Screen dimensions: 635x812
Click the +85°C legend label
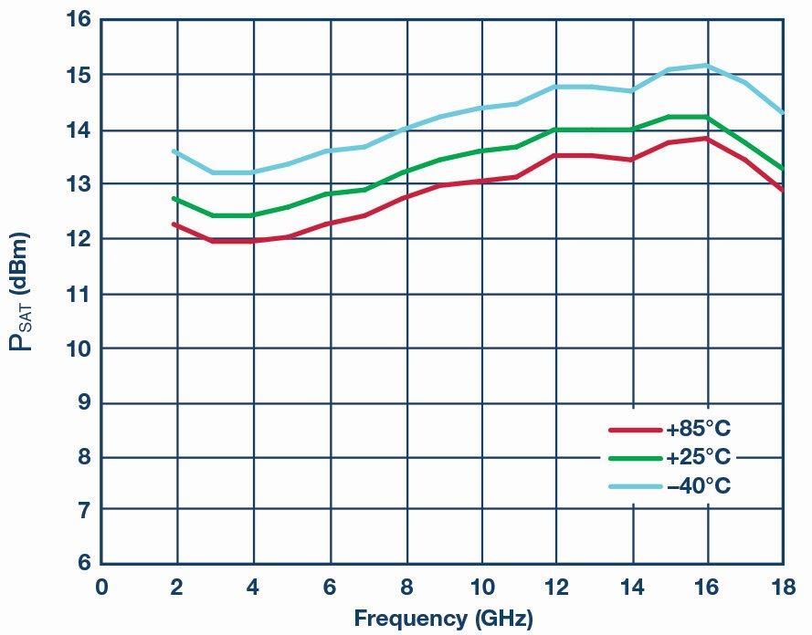point(699,429)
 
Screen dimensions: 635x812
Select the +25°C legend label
point(699,457)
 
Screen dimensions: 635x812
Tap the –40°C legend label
point(699,486)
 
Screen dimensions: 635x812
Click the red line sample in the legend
point(635,429)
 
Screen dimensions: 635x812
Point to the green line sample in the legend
point(635,457)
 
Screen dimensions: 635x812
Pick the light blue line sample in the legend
point(635,486)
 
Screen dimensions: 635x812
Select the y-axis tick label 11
point(79,294)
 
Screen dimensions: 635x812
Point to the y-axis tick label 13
point(79,184)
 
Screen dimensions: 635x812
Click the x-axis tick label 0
point(101,585)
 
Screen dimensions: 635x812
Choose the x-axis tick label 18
point(782,585)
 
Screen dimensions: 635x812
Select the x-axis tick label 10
point(481,585)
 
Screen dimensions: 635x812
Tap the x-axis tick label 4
point(254,585)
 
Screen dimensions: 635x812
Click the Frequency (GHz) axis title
point(443,619)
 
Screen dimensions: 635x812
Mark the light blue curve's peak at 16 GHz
point(707,65)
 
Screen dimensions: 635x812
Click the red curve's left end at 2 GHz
point(174,224)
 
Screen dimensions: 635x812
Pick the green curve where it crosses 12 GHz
point(556,130)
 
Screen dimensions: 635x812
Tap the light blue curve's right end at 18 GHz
point(781,112)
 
